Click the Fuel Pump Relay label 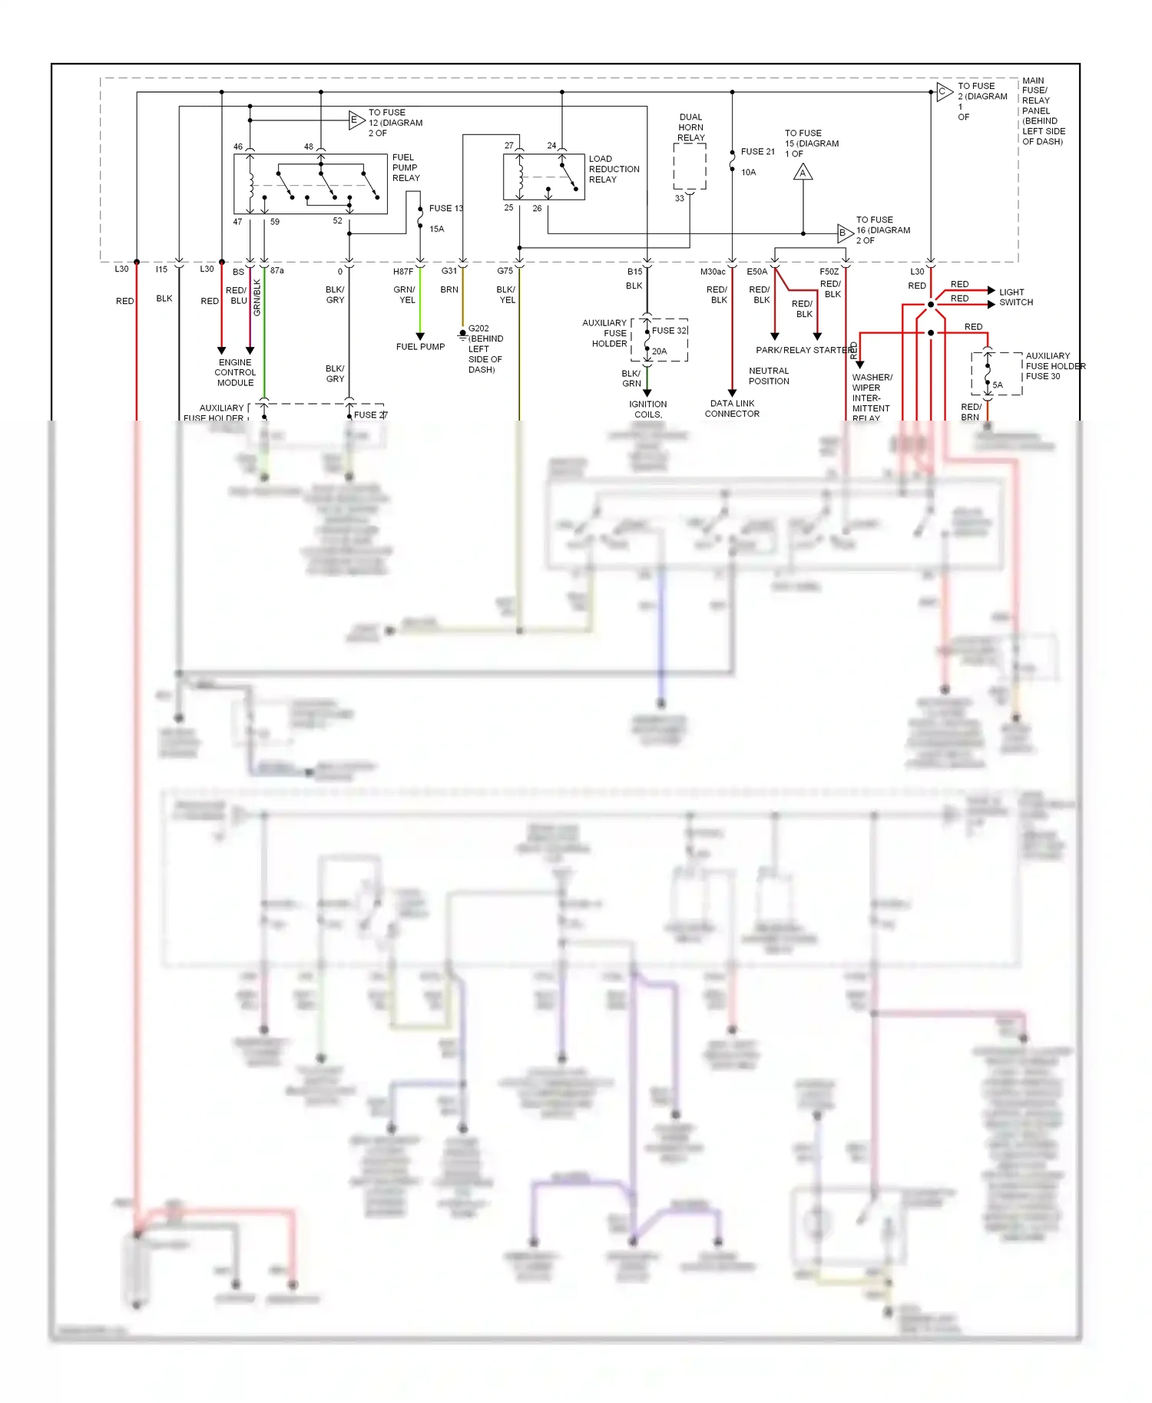(x=406, y=167)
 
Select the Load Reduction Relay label (x=614, y=169)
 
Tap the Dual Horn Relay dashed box (x=690, y=166)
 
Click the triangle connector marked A (x=803, y=173)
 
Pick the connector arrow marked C (x=944, y=92)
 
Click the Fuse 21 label (x=757, y=152)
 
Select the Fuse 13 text (x=445, y=209)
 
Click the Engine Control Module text (x=235, y=372)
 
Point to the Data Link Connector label (x=732, y=408)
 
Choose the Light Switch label (x=1015, y=297)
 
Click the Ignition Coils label (x=648, y=409)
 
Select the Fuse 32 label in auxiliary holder (x=670, y=331)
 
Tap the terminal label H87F (x=403, y=272)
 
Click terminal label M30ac (x=712, y=272)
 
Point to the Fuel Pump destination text (x=420, y=347)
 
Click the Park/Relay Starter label (x=804, y=350)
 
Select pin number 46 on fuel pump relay (x=238, y=147)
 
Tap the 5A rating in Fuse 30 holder (x=997, y=385)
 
